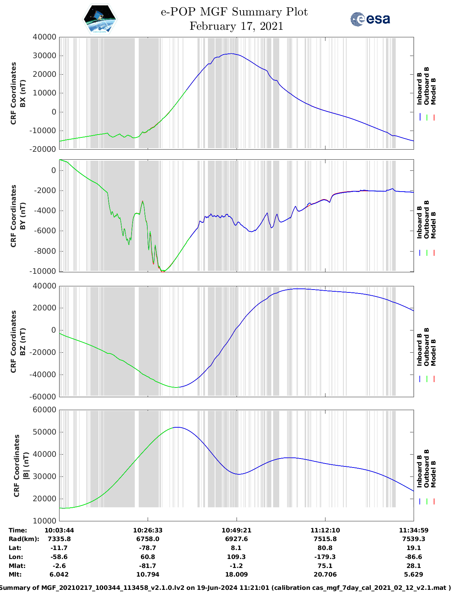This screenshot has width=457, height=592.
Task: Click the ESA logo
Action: (370, 19)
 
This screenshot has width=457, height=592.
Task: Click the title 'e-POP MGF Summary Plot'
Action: (234, 12)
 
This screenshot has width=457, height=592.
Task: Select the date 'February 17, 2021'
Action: (236, 26)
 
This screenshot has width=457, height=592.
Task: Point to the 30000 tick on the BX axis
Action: (44, 56)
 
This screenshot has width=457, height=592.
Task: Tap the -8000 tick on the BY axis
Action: (46, 251)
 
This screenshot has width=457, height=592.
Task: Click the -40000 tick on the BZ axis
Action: (43, 375)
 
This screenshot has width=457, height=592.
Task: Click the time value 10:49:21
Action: (236, 530)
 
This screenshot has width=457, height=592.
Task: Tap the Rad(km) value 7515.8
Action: (325, 539)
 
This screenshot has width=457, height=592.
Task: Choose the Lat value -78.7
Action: (148, 548)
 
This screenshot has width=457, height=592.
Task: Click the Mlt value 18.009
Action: (236, 574)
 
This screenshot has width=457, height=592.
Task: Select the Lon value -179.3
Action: (325, 557)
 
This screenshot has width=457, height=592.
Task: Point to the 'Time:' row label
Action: (18, 530)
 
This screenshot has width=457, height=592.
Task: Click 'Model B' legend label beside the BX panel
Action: (433, 91)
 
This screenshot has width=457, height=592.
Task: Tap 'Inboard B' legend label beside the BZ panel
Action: (419, 350)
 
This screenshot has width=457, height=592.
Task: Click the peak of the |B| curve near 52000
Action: (177, 427)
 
